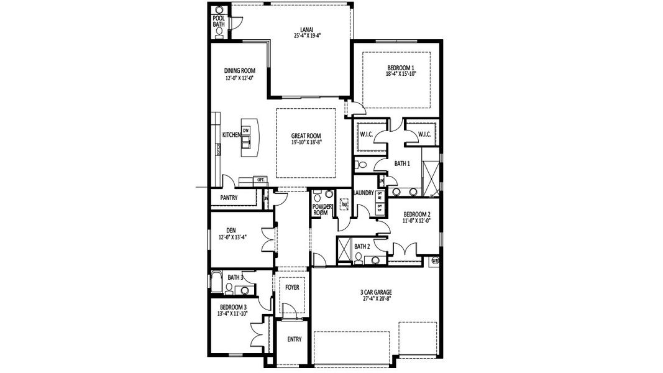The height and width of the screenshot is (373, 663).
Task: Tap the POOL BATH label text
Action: (219, 21)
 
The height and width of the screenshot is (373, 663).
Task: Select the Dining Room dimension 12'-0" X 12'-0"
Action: (239, 79)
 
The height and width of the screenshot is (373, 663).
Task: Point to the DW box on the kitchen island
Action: (245, 130)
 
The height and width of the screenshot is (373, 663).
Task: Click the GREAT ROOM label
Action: (306, 135)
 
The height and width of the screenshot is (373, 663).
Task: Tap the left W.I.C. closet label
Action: (366, 134)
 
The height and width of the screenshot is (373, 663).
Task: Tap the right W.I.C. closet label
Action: (424, 134)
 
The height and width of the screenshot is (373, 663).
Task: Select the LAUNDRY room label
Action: (364, 193)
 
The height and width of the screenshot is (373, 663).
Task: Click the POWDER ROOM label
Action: (320, 210)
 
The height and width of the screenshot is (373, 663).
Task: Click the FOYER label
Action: (292, 288)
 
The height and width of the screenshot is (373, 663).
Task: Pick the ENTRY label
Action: (294, 339)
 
